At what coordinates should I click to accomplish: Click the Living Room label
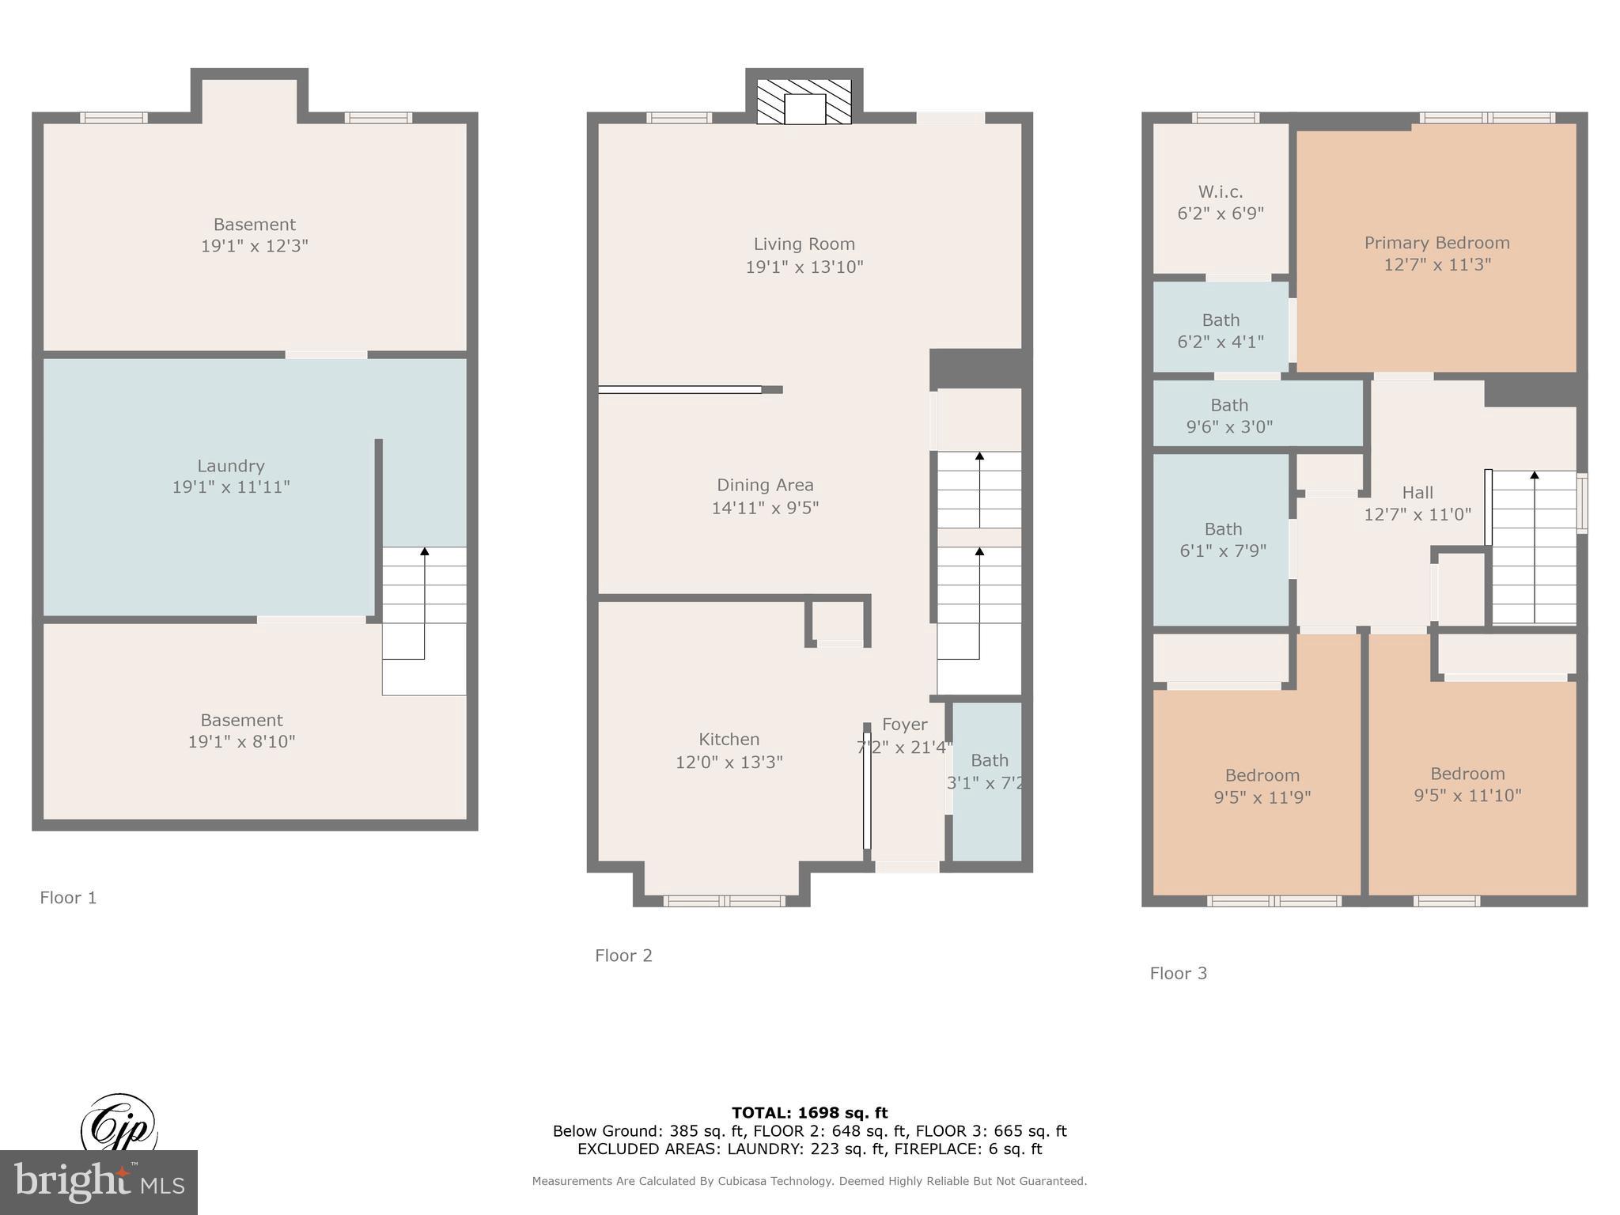804,244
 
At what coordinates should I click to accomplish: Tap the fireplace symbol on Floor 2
804,102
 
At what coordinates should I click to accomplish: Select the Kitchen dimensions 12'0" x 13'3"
729,762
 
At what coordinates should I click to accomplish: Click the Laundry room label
230,466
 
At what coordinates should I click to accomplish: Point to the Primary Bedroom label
1436,243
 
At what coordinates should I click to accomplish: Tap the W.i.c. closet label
1220,192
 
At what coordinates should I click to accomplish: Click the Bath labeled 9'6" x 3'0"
1228,416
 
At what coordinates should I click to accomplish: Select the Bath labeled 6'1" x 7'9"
1223,539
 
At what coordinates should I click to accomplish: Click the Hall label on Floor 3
1417,493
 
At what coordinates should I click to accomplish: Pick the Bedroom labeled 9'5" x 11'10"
1467,785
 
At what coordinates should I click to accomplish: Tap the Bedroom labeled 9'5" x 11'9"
1262,786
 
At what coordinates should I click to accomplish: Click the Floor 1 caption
68,898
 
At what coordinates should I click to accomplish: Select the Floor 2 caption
623,956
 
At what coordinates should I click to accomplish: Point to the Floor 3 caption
1178,974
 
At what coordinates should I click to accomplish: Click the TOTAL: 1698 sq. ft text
809,1113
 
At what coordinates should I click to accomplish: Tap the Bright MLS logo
98,1182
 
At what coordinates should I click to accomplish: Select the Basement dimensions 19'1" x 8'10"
241,742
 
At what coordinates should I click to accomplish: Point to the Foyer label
904,725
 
